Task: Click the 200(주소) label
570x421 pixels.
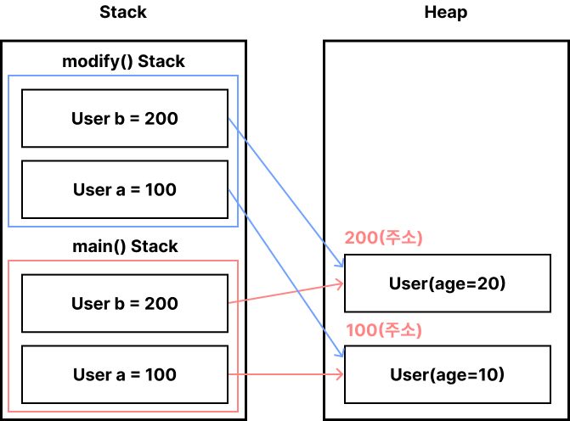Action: pos(383,238)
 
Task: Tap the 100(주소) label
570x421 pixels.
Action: pos(383,330)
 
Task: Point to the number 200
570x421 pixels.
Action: pos(360,238)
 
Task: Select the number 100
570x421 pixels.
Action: pos(360,330)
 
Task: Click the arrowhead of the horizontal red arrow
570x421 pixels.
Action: pos(341,373)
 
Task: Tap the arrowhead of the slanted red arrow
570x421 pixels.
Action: pos(341,283)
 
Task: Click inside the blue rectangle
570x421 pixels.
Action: pos(123,151)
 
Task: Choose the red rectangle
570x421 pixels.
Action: pos(123,336)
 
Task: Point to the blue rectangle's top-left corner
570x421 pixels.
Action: pos(8,76)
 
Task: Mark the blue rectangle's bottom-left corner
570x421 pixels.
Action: pos(8,227)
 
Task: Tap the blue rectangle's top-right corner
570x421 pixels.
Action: pos(238,76)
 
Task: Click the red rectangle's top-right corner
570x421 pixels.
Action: pos(238,261)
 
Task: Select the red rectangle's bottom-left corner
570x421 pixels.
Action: pos(8,412)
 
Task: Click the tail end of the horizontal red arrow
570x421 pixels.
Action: pos(229,373)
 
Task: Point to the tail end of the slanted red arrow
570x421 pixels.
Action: pos(229,301)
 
